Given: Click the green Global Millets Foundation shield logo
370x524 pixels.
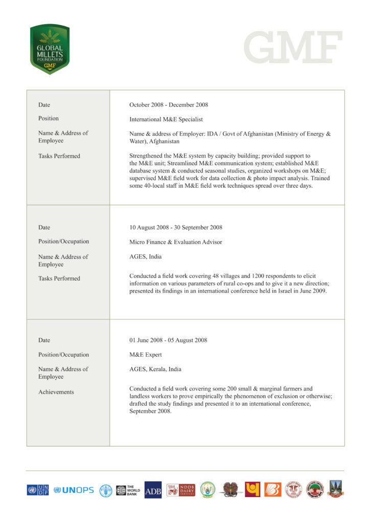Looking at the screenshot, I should click(50, 49).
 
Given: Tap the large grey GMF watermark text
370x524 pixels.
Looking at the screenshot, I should click(292, 47).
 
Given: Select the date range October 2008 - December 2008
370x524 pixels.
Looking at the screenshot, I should click(169, 105).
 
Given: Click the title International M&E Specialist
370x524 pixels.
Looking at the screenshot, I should click(166, 119).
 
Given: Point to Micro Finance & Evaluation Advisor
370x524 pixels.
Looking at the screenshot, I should click(176, 242).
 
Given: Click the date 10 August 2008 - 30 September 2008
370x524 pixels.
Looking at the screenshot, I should click(176, 228).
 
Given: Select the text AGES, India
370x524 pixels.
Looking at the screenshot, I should click(146, 257).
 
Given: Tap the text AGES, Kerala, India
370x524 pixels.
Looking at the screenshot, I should click(155, 369).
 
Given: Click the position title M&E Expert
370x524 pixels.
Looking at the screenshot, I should click(146, 355).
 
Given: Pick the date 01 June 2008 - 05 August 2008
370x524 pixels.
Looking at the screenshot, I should click(168, 340).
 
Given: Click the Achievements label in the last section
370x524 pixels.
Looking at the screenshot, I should click(56, 392).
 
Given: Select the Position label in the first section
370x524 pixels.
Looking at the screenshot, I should click(49, 119).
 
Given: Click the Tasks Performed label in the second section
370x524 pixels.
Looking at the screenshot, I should click(59, 279).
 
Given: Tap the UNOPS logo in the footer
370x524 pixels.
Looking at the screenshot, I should click(74, 490).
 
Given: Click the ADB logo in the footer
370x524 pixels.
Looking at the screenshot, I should click(153, 490).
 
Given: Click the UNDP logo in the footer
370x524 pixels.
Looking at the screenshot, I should click(38, 490).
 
